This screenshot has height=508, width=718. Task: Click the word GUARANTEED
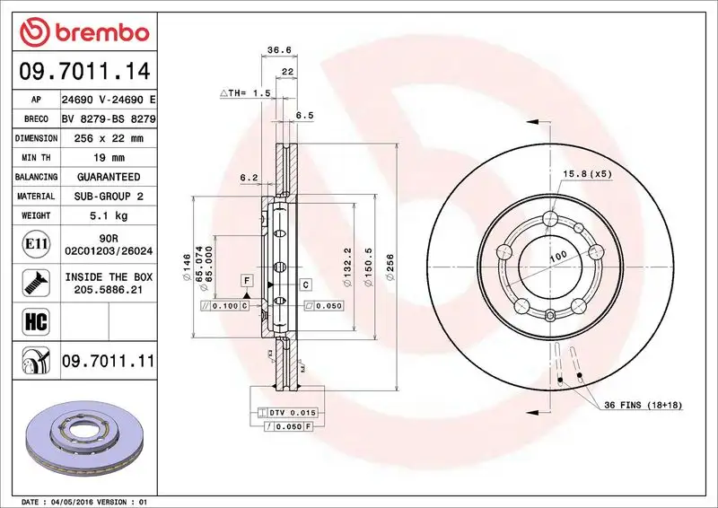pyautogui.click(x=108, y=177)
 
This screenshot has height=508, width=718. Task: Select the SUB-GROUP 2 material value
pyautogui.click(x=108, y=196)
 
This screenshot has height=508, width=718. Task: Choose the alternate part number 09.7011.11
pyautogui.click(x=108, y=361)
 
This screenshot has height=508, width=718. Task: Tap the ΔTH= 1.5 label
pyautogui.click(x=245, y=92)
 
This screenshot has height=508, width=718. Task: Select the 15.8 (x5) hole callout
pyautogui.click(x=587, y=173)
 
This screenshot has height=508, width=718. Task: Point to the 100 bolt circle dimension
pyautogui.click(x=556, y=257)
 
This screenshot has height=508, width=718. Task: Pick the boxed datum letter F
pyautogui.click(x=245, y=282)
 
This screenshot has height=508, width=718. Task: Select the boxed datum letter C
pyautogui.click(x=305, y=285)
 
